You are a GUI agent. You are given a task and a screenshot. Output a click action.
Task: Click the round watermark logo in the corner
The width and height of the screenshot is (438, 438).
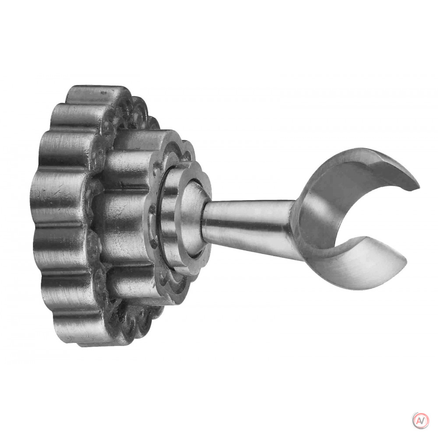[x=420, y=420]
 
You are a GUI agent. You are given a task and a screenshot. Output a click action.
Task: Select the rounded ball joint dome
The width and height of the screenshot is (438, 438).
[x=193, y=217]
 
